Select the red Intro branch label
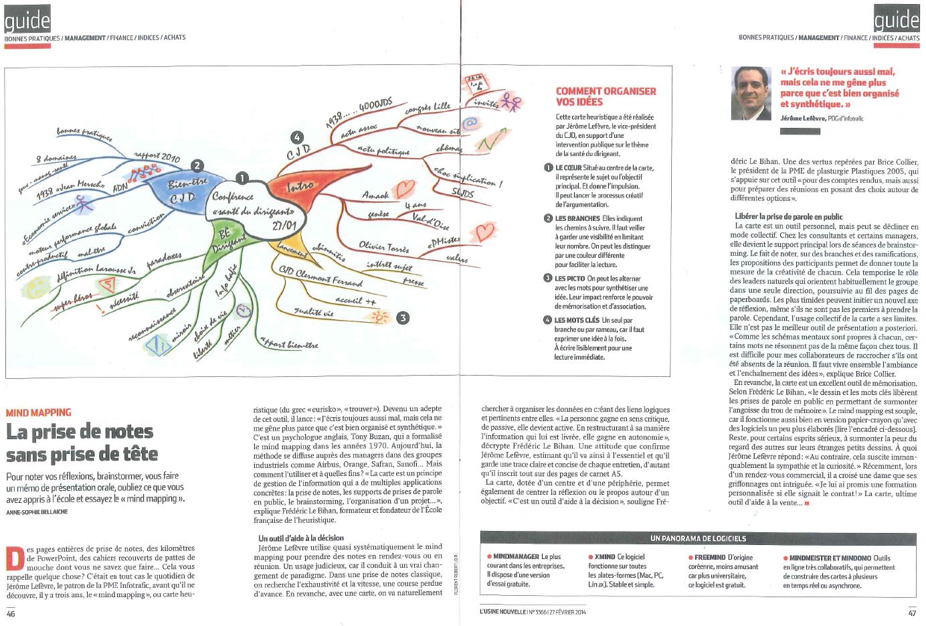300,187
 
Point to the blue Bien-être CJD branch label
181,191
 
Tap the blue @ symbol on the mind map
470,123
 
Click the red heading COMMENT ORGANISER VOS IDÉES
606,96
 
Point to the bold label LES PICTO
569,279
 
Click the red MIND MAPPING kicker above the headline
38,412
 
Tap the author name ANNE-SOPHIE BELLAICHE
37,512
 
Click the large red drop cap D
14,557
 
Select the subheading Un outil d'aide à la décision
300,538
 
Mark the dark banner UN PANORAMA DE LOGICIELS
698,538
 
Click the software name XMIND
604,557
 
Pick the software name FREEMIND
709,557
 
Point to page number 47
912,612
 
